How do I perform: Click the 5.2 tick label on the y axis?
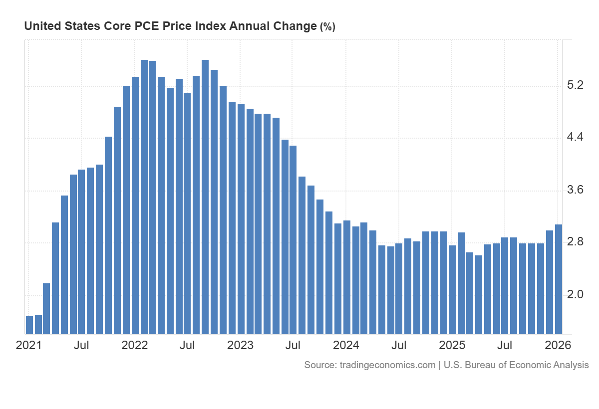pos(576,86)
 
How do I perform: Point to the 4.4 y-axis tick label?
pos(576,137)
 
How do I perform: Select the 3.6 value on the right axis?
pos(576,190)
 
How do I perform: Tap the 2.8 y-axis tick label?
pos(576,242)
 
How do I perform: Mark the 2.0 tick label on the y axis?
pos(576,294)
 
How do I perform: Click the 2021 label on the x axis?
pos(29,345)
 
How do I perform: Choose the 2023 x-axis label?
pos(240,345)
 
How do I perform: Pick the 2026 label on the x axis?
pos(558,345)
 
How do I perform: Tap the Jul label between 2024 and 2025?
pos(399,345)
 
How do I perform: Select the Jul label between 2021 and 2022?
pos(81,345)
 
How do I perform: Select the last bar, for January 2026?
pos(559,279)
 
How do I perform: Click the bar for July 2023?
pos(293,240)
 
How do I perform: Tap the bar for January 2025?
pos(453,290)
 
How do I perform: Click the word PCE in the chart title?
pos(146,26)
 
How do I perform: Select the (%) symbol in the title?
pos(327,27)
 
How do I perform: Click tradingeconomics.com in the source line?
pos(387,365)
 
